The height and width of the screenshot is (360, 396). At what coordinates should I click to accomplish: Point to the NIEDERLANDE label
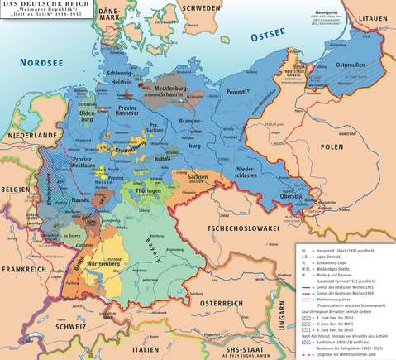(31, 134)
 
